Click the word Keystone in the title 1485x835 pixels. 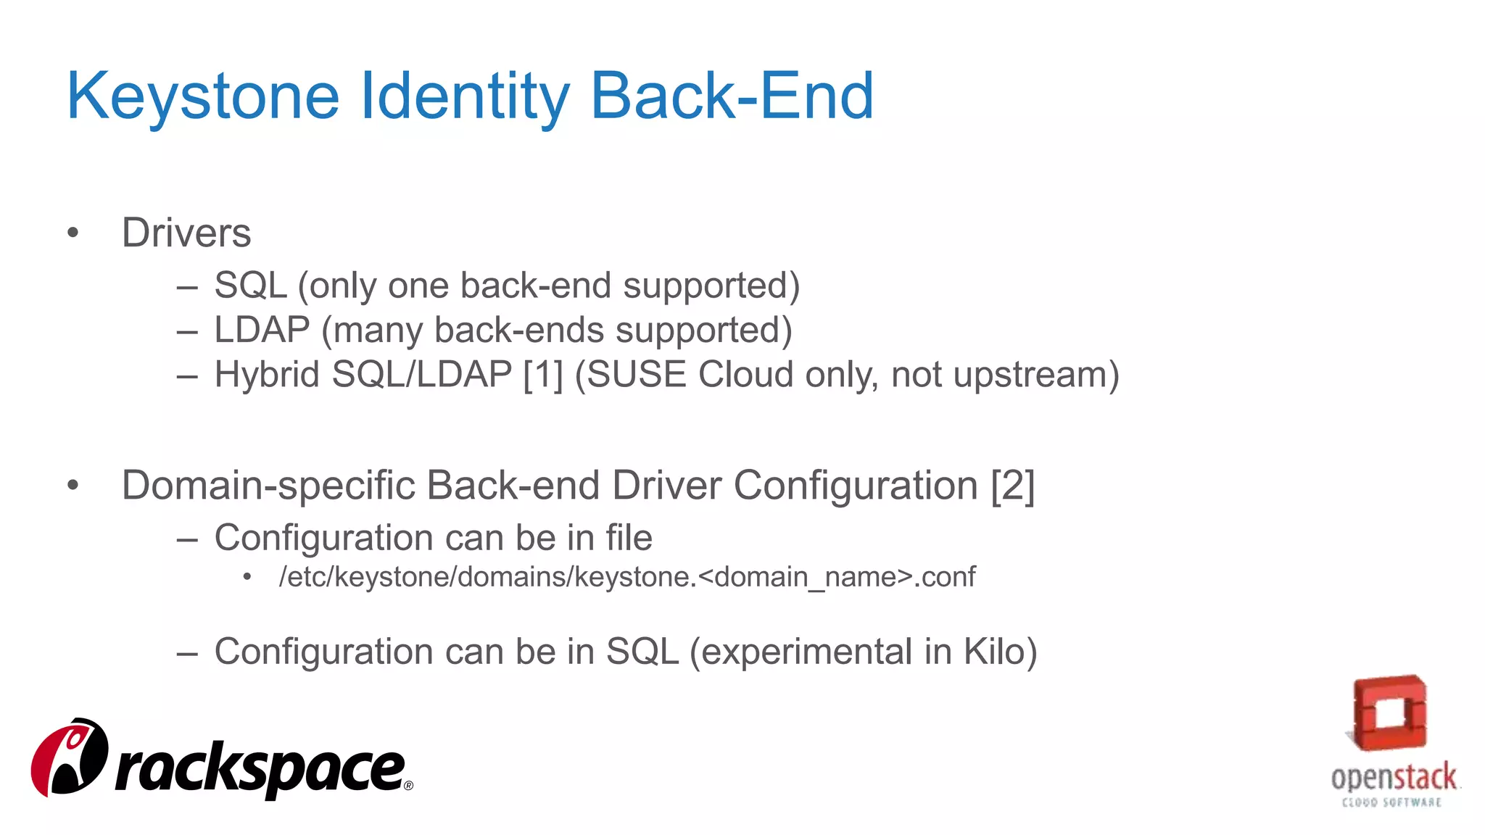tap(203, 96)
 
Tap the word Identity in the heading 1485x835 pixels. tap(464, 96)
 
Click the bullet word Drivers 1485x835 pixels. tap(186, 233)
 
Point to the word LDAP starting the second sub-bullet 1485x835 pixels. tap(262, 330)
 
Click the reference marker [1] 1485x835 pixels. tap(542, 375)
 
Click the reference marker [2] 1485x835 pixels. tap(1013, 485)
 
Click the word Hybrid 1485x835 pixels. tap(267, 375)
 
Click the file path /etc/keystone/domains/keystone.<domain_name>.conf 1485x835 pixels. tap(627, 577)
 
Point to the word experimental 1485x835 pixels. tap(807, 652)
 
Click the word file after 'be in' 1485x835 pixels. tap(629, 538)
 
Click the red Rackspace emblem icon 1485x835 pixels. tap(70, 757)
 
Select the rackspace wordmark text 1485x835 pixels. tap(261, 770)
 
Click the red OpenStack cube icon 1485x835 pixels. tap(1389, 713)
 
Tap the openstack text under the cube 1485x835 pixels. tap(1393, 778)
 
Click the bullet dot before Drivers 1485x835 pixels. tap(73, 233)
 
